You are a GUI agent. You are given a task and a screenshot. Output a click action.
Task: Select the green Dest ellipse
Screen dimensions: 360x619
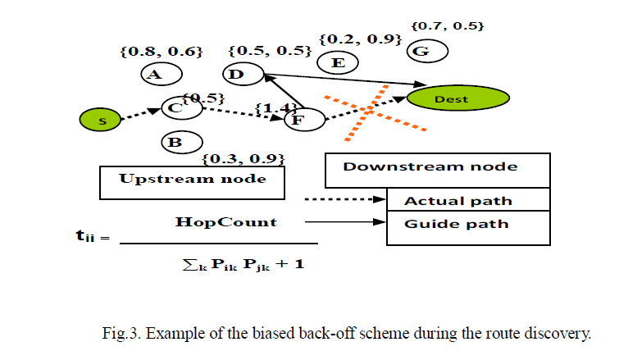click(x=451, y=99)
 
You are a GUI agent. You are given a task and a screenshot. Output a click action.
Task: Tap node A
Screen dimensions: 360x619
click(x=153, y=75)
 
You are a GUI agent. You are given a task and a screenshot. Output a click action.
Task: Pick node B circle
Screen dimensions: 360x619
click(x=175, y=143)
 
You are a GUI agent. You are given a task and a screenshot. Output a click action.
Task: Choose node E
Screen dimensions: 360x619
click(x=335, y=62)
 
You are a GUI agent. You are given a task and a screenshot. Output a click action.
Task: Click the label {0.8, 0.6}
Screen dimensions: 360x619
click(x=161, y=52)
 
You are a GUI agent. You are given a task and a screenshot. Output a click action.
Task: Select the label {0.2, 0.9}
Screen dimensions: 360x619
click(x=359, y=39)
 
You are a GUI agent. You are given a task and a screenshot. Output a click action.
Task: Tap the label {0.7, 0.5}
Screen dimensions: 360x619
click(x=448, y=25)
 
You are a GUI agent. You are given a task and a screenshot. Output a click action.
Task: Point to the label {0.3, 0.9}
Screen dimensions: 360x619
click(x=243, y=158)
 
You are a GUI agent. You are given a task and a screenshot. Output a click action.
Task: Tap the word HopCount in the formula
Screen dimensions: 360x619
click(x=226, y=222)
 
